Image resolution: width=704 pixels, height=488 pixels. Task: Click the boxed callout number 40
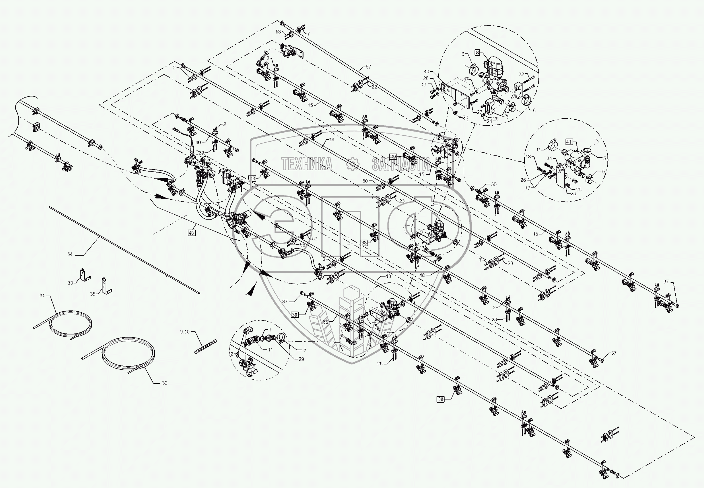(191, 233)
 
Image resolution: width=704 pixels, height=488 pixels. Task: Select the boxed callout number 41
(569, 142)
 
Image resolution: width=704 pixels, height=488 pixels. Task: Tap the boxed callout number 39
(393, 157)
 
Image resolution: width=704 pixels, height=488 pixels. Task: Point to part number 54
(70, 254)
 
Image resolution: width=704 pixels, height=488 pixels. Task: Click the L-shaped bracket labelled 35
(106, 286)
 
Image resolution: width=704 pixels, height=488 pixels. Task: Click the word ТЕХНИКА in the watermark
(307, 164)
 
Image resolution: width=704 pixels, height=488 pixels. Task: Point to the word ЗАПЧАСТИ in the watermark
(401, 165)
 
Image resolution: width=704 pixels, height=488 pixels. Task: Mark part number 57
(368, 67)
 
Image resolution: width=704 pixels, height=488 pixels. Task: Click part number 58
(278, 31)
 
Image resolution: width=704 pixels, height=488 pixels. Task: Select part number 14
(331, 140)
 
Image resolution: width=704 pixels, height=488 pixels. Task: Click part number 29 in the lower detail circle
(301, 359)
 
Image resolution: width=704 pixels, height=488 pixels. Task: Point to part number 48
(422, 275)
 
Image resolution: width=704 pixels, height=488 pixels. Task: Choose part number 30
(494, 184)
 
